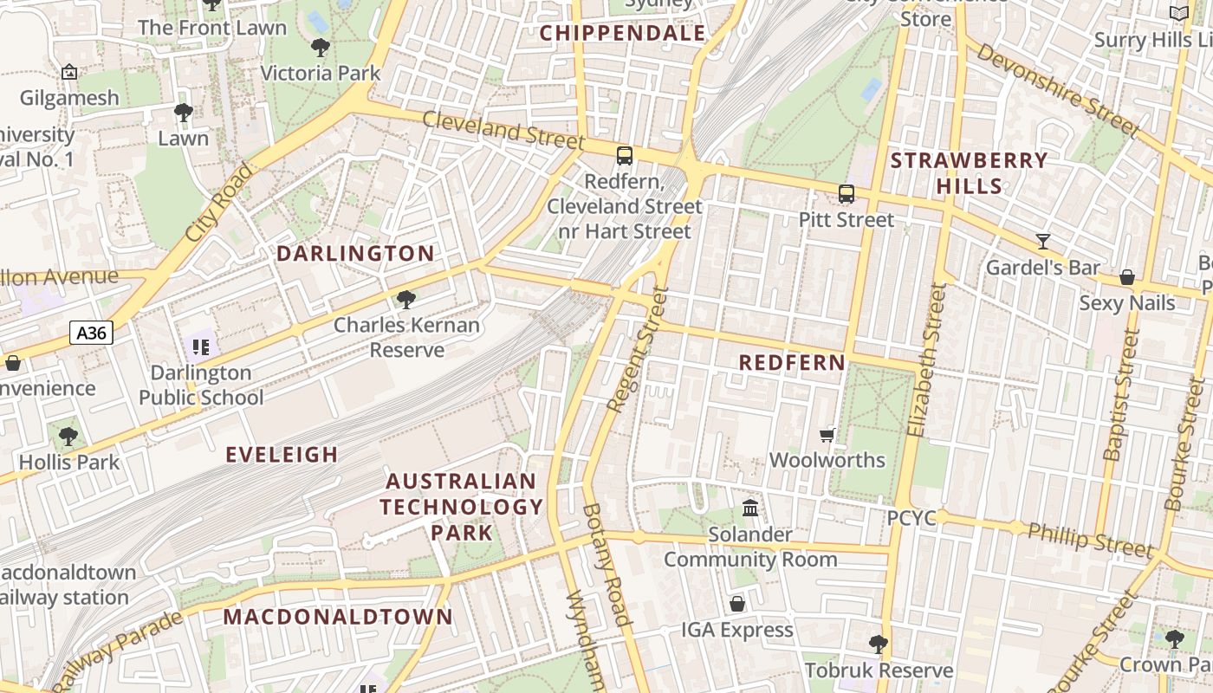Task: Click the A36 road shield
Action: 91,333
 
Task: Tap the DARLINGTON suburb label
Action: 355,254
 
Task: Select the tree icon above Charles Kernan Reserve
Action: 405,301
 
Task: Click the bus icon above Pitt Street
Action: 847,194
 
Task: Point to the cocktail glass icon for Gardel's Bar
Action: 1043,242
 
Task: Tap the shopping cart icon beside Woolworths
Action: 827,435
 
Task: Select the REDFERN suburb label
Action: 792,363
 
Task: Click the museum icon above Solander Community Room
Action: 750,508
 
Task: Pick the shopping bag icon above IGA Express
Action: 737,604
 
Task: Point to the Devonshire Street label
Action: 1057,89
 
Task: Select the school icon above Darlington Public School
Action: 201,348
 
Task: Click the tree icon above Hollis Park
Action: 68,437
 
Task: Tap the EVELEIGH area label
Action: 282,455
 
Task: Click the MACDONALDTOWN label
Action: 338,617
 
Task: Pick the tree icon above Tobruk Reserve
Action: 879,644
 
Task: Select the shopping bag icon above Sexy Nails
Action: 1127,277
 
